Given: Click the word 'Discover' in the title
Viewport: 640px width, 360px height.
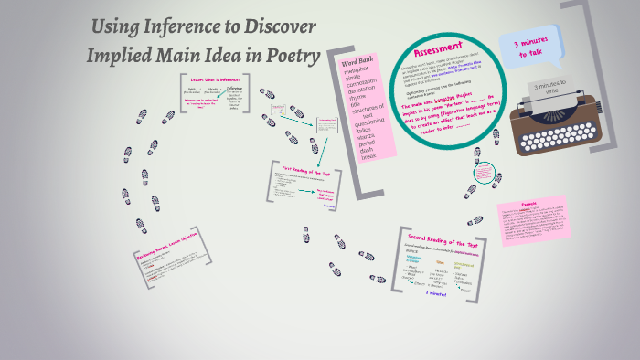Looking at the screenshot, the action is [273, 26].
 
